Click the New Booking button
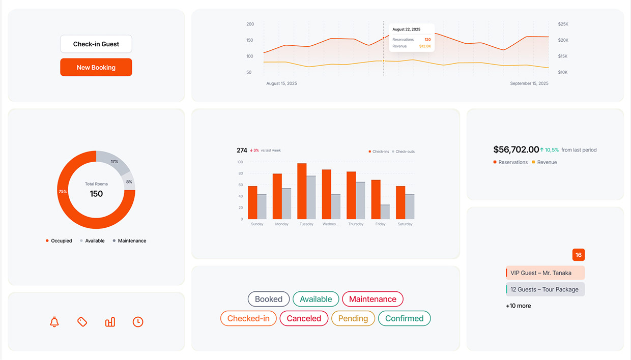point(96,67)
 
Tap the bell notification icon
point(54,322)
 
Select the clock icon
point(138,322)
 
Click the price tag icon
point(82,322)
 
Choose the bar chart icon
point(110,322)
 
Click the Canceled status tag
point(304,318)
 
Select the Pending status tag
point(353,318)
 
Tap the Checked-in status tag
point(248,318)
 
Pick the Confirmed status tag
point(404,318)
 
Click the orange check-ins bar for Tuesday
point(302,191)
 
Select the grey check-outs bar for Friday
point(385,212)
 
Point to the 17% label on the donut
point(114,162)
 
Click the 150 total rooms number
point(96,194)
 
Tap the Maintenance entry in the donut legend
point(131,241)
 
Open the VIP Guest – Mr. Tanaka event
point(545,273)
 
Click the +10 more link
point(518,306)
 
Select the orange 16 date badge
point(578,255)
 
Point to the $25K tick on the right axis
point(563,24)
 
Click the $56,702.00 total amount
point(515,149)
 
